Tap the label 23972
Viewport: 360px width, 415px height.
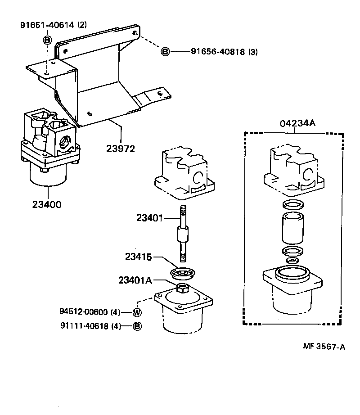tap(121, 149)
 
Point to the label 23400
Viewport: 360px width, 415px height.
tap(47, 204)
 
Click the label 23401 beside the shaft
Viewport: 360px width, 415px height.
tap(149, 218)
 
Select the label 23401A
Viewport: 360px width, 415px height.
tap(135, 280)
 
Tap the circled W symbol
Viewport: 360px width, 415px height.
tap(137, 312)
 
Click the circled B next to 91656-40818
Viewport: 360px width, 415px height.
tap(165, 52)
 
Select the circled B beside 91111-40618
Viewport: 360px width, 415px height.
tap(137, 326)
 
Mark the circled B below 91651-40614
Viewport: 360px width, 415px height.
tap(47, 40)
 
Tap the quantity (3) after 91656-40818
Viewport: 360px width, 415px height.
tap(253, 52)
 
